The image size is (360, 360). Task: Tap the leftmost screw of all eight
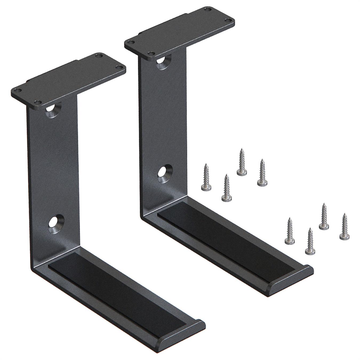point(206,178)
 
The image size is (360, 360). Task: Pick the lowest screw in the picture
point(310,241)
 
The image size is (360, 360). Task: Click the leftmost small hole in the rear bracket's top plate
point(130,42)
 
